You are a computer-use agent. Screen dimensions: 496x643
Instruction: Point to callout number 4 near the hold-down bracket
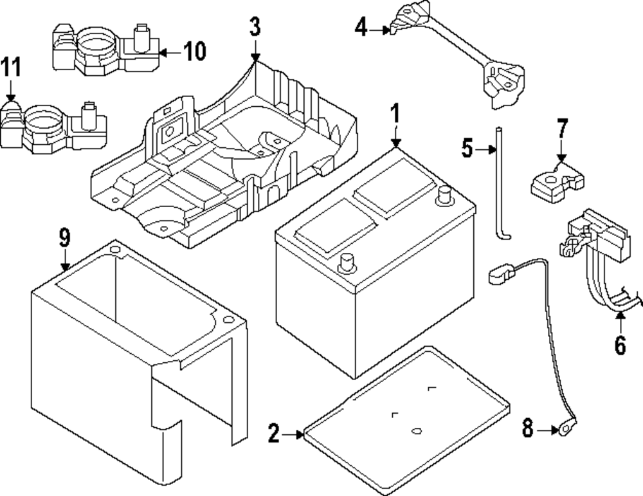[x=361, y=28]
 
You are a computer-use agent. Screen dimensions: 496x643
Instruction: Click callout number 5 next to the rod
[x=467, y=149]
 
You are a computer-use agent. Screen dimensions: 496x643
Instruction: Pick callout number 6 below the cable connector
[x=619, y=345]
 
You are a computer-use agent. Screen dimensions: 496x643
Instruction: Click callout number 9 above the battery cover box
[x=64, y=238]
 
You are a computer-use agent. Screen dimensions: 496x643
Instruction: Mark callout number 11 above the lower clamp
[x=10, y=67]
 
